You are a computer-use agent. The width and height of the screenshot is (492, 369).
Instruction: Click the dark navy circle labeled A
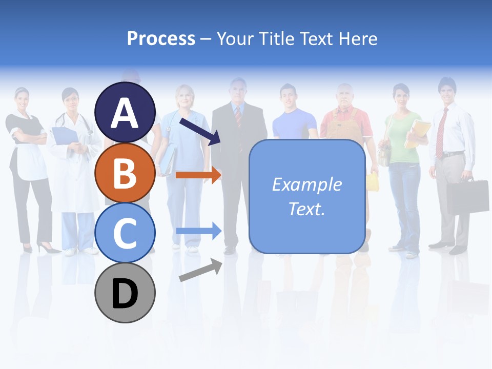[125, 113]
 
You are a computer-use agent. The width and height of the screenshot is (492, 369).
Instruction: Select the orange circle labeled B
[125, 173]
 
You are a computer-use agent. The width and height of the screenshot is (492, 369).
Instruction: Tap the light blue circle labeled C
[125, 233]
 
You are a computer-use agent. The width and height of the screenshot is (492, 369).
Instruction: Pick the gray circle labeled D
[125, 293]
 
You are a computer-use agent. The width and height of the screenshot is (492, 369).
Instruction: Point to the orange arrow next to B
[198, 175]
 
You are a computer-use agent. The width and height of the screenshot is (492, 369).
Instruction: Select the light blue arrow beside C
[198, 231]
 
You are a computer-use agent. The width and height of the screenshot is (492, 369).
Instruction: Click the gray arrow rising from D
[200, 270]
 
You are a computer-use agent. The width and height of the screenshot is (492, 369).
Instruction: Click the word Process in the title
[161, 38]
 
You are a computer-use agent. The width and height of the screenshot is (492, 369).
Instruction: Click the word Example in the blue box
[307, 184]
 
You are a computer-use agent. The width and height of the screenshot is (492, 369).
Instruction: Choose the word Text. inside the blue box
[307, 209]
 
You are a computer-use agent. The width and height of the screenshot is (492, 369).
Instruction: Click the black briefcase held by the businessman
[467, 196]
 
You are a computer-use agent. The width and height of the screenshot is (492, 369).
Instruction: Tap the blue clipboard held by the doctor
[64, 135]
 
